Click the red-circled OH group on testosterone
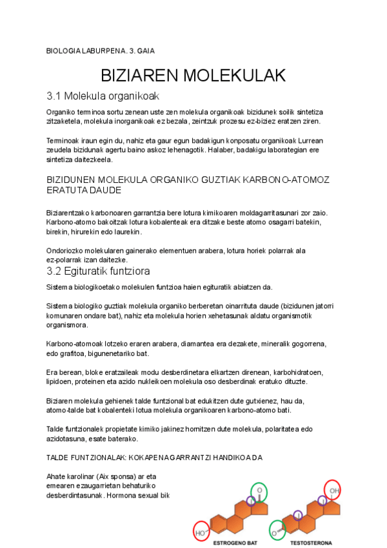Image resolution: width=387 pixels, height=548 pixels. point(333,490)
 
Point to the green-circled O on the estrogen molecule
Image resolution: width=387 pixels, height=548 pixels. point(259,491)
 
